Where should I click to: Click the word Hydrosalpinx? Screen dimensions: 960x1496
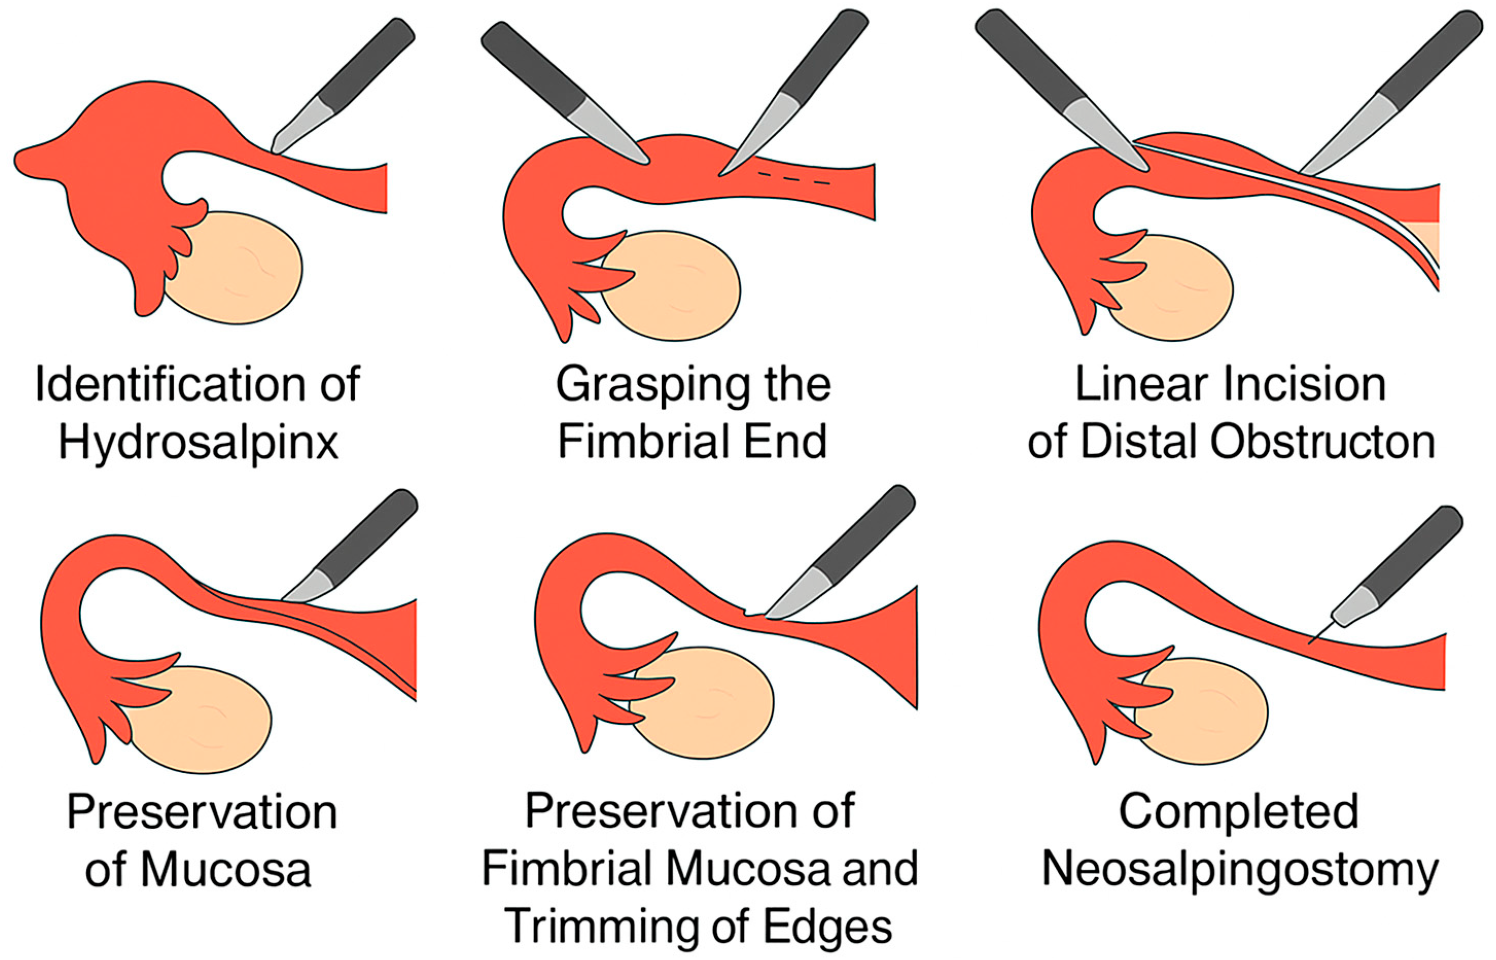pyautogui.click(x=198, y=444)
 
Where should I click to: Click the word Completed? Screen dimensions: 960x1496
pyautogui.click(x=1239, y=812)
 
